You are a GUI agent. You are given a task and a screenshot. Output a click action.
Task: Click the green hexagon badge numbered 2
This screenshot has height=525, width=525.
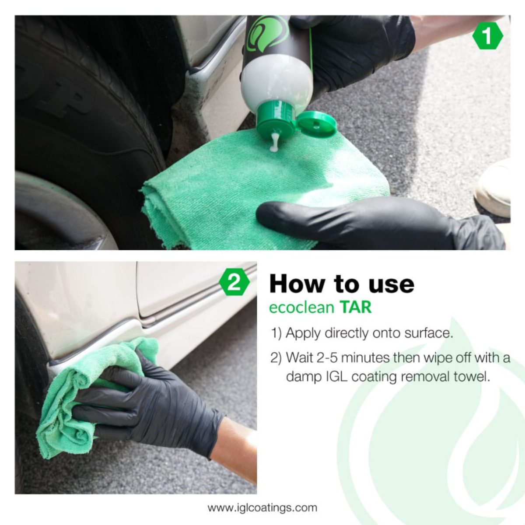coord(234,283)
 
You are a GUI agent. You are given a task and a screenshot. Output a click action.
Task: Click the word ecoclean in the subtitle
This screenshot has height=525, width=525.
coord(301,307)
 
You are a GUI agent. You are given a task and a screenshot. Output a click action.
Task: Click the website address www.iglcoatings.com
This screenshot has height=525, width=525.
coord(262,508)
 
